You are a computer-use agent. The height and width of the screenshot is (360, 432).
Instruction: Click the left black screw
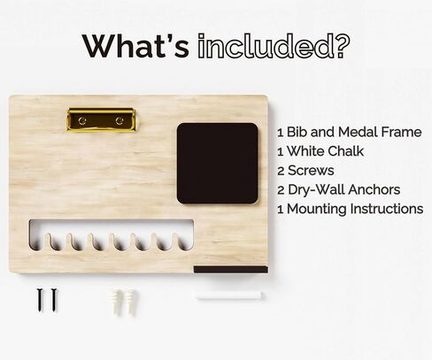(x=40, y=299)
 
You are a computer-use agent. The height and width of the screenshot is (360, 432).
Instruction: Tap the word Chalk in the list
(x=346, y=151)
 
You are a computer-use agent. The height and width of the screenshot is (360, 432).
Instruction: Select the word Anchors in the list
(x=374, y=190)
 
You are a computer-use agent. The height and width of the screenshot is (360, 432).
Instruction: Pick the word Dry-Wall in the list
(x=316, y=190)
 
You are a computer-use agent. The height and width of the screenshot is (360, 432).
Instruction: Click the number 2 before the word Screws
(x=281, y=171)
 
